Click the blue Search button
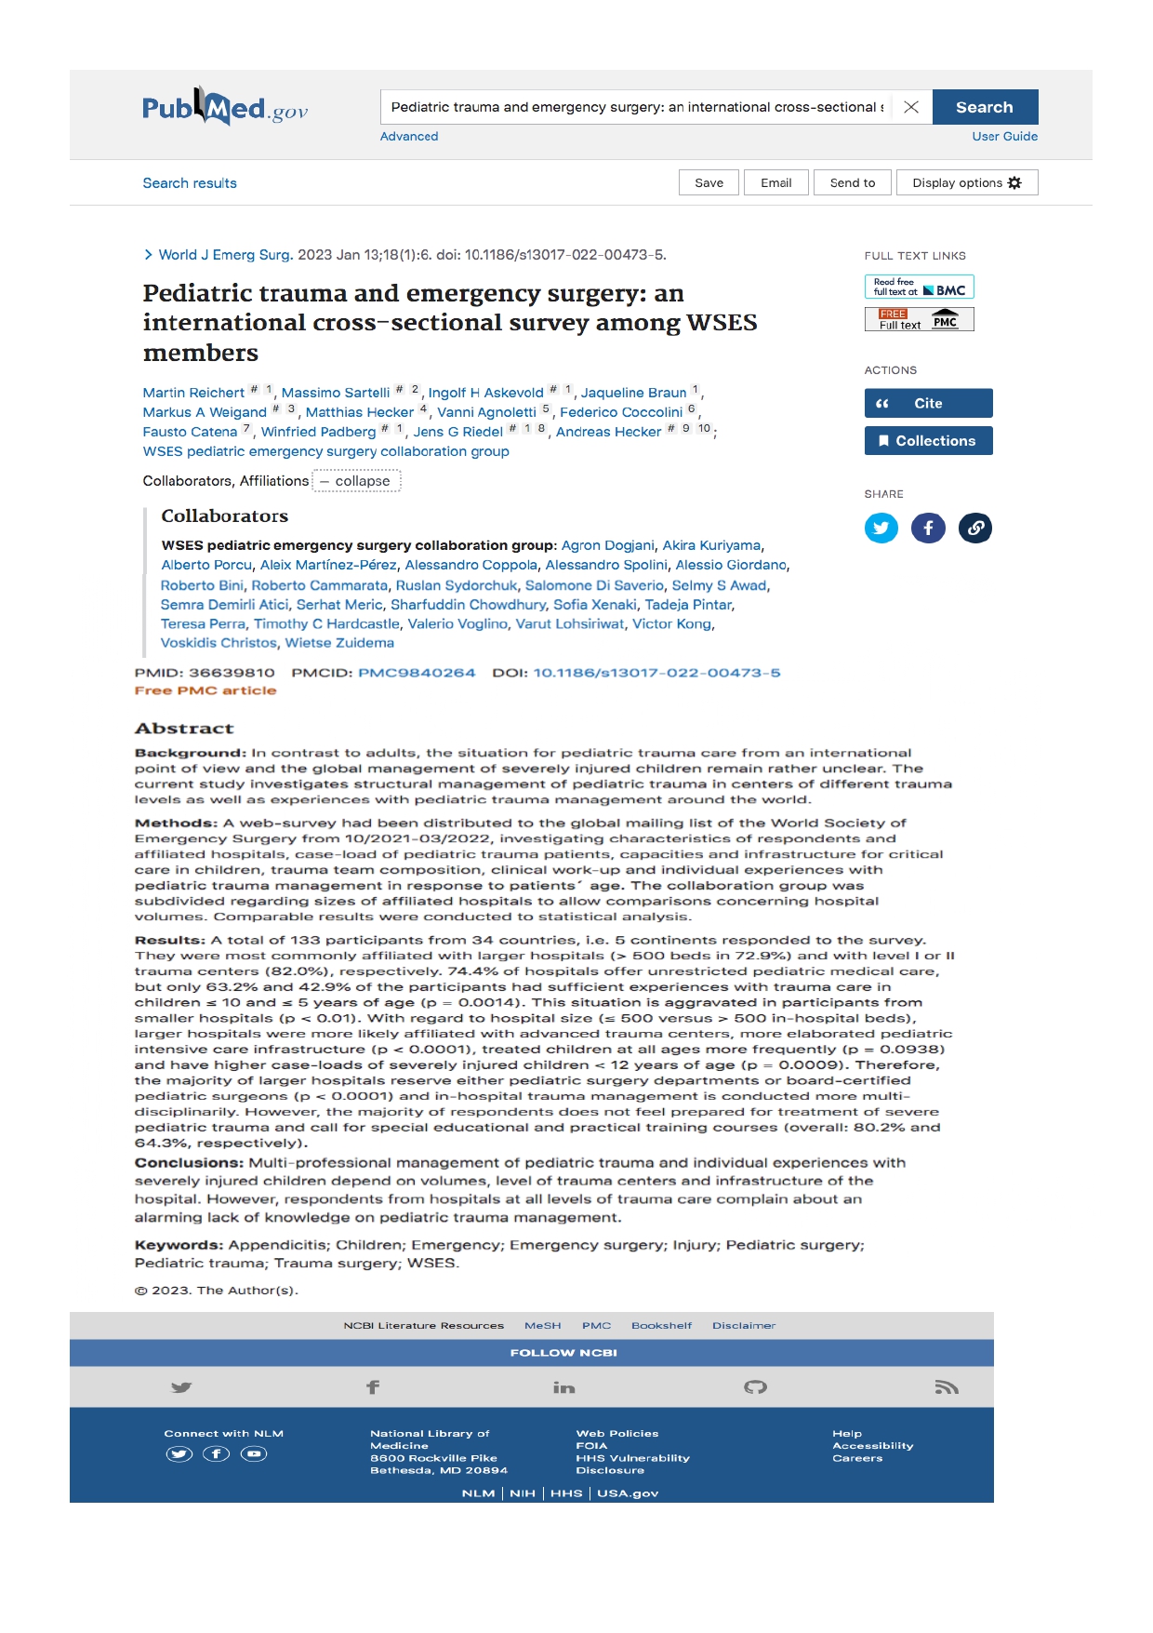pyautogui.click(x=985, y=107)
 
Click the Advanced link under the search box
pyautogui.click(x=409, y=136)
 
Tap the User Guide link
pyautogui.click(x=1004, y=136)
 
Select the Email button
pyautogui.click(x=775, y=182)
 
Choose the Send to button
pyautogui.click(x=852, y=182)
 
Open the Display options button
pyautogui.click(x=966, y=182)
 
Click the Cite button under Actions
pyautogui.click(x=928, y=403)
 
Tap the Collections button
pyautogui.click(x=928, y=440)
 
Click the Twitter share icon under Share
pyautogui.click(x=881, y=529)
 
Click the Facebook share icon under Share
pyautogui.click(x=928, y=529)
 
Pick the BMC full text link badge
pyautogui.click(x=919, y=287)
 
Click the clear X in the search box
pyautogui.click(x=911, y=107)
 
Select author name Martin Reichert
pyautogui.click(x=193, y=393)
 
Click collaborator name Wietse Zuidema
pyautogui.click(x=339, y=643)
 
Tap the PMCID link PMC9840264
pyautogui.click(x=417, y=673)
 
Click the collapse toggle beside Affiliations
pyautogui.click(x=356, y=481)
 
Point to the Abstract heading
pyautogui.click(x=184, y=729)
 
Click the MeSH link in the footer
pyautogui.click(x=542, y=1325)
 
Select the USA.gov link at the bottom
pyautogui.click(x=628, y=1493)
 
